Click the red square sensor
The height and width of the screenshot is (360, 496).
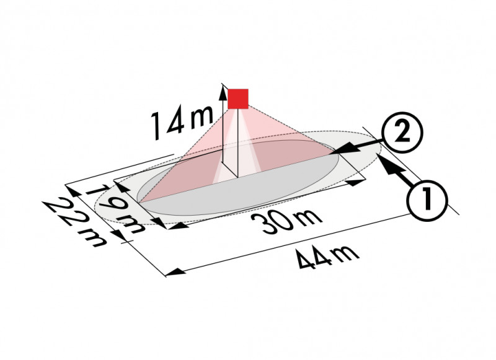[237, 99]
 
